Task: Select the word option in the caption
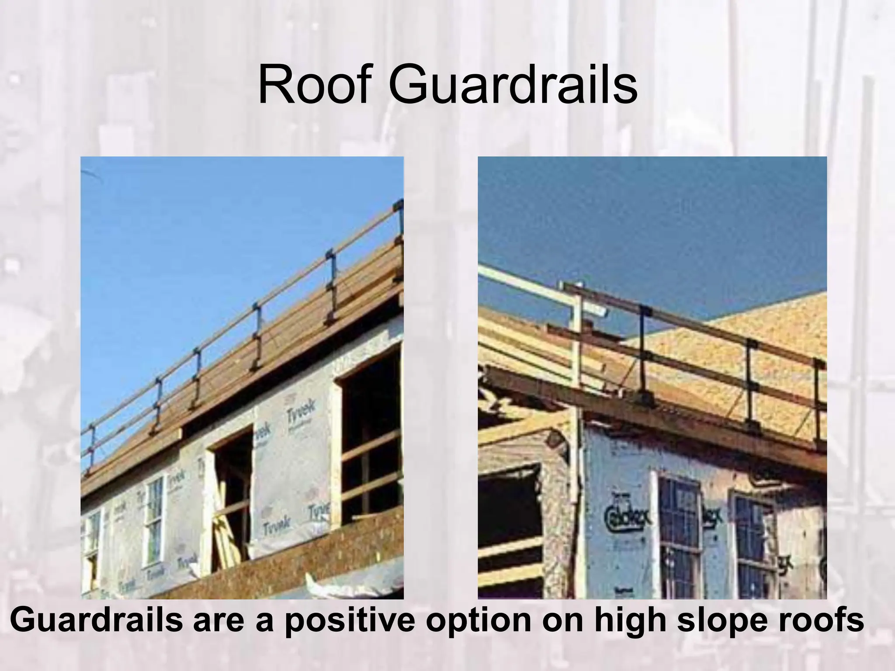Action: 478,621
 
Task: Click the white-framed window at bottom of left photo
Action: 154,520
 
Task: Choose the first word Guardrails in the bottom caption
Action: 95,621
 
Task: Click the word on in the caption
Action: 560,621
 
